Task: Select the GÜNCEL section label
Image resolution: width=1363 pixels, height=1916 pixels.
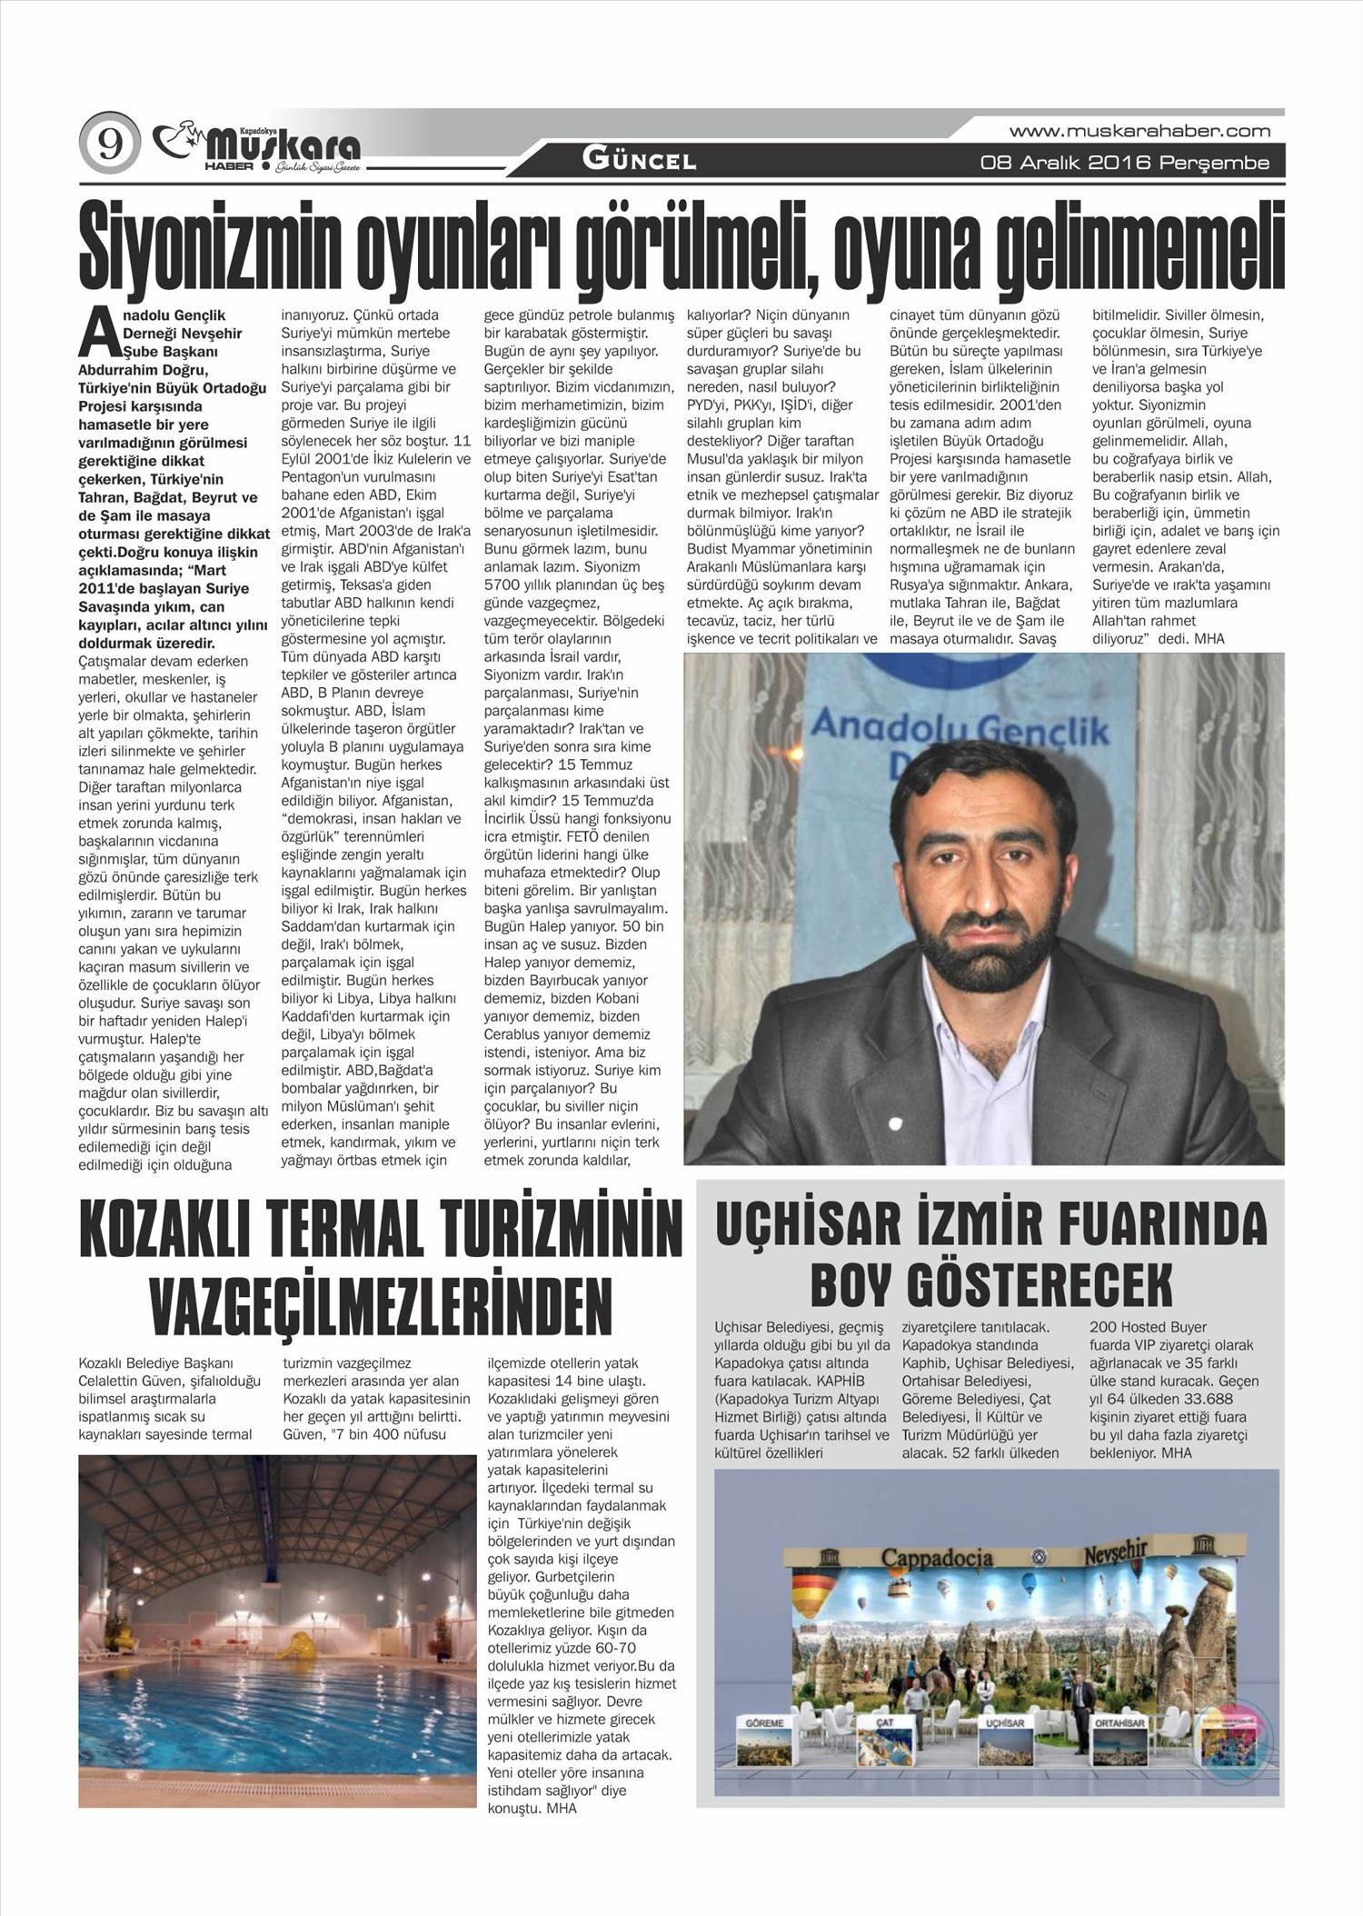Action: pyautogui.click(x=639, y=162)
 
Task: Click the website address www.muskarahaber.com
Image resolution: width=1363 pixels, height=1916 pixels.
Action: pyautogui.click(x=1139, y=131)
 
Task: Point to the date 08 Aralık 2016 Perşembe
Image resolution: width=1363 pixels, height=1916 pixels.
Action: pyautogui.click(x=1124, y=164)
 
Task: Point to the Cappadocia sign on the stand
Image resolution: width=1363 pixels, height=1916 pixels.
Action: pyautogui.click(x=936, y=1557)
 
